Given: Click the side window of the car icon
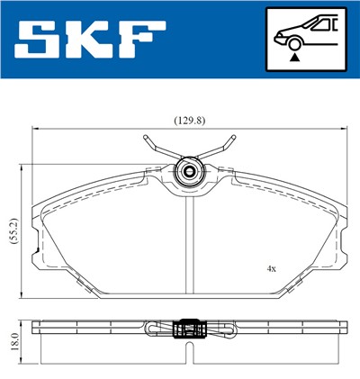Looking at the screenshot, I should [322, 25].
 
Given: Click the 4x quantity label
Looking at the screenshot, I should [270, 268].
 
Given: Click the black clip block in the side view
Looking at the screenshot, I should [190, 330].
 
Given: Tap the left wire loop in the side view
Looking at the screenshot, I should [157, 330].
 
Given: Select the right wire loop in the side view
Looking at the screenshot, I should [222, 330].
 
